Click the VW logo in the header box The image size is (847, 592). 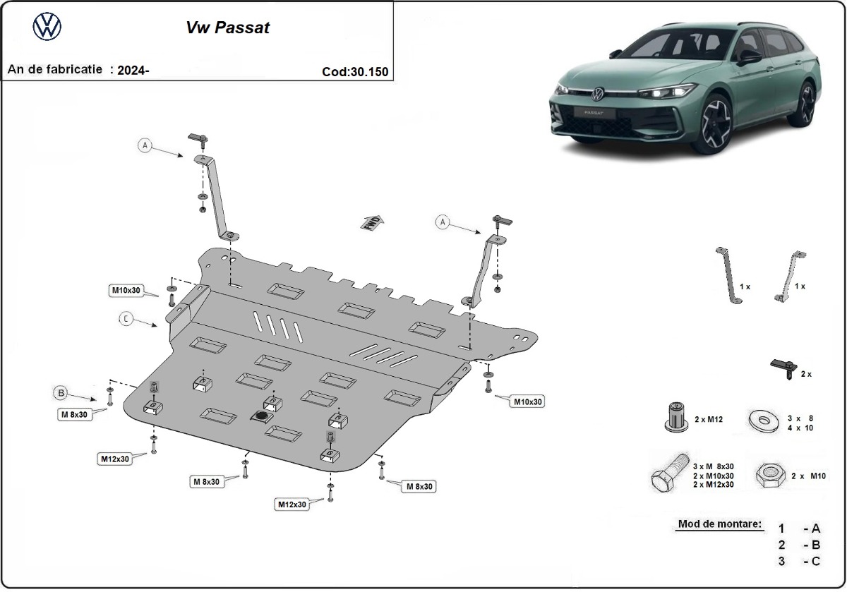pyautogui.click(x=47, y=28)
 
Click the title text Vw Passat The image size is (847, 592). pyautogui.click(x=227, y=28)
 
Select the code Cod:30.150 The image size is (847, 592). pyautogui.click(x=354, y=71)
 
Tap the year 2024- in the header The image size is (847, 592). pyautogui.click(x=133, y=70)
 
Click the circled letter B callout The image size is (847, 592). pyautogui.click(x=61, y=392)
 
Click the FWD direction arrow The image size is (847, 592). pyautogui.click(x=372, y=222)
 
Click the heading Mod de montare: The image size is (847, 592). pyautogui.click(x=719, y=524)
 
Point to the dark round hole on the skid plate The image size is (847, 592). pyautogui.click(x=261, y=418)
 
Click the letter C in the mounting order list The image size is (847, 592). pyautogui.click(x=816, y=561)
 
